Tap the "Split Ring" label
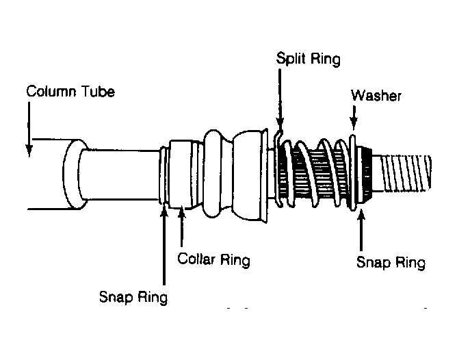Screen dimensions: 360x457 308,58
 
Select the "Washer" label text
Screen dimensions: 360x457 376,95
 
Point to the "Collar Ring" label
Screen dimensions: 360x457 213,260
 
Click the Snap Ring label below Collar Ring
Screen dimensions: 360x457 133,296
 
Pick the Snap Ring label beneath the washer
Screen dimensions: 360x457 391,263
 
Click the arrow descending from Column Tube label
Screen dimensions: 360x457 29,130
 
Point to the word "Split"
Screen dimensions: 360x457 291,58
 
